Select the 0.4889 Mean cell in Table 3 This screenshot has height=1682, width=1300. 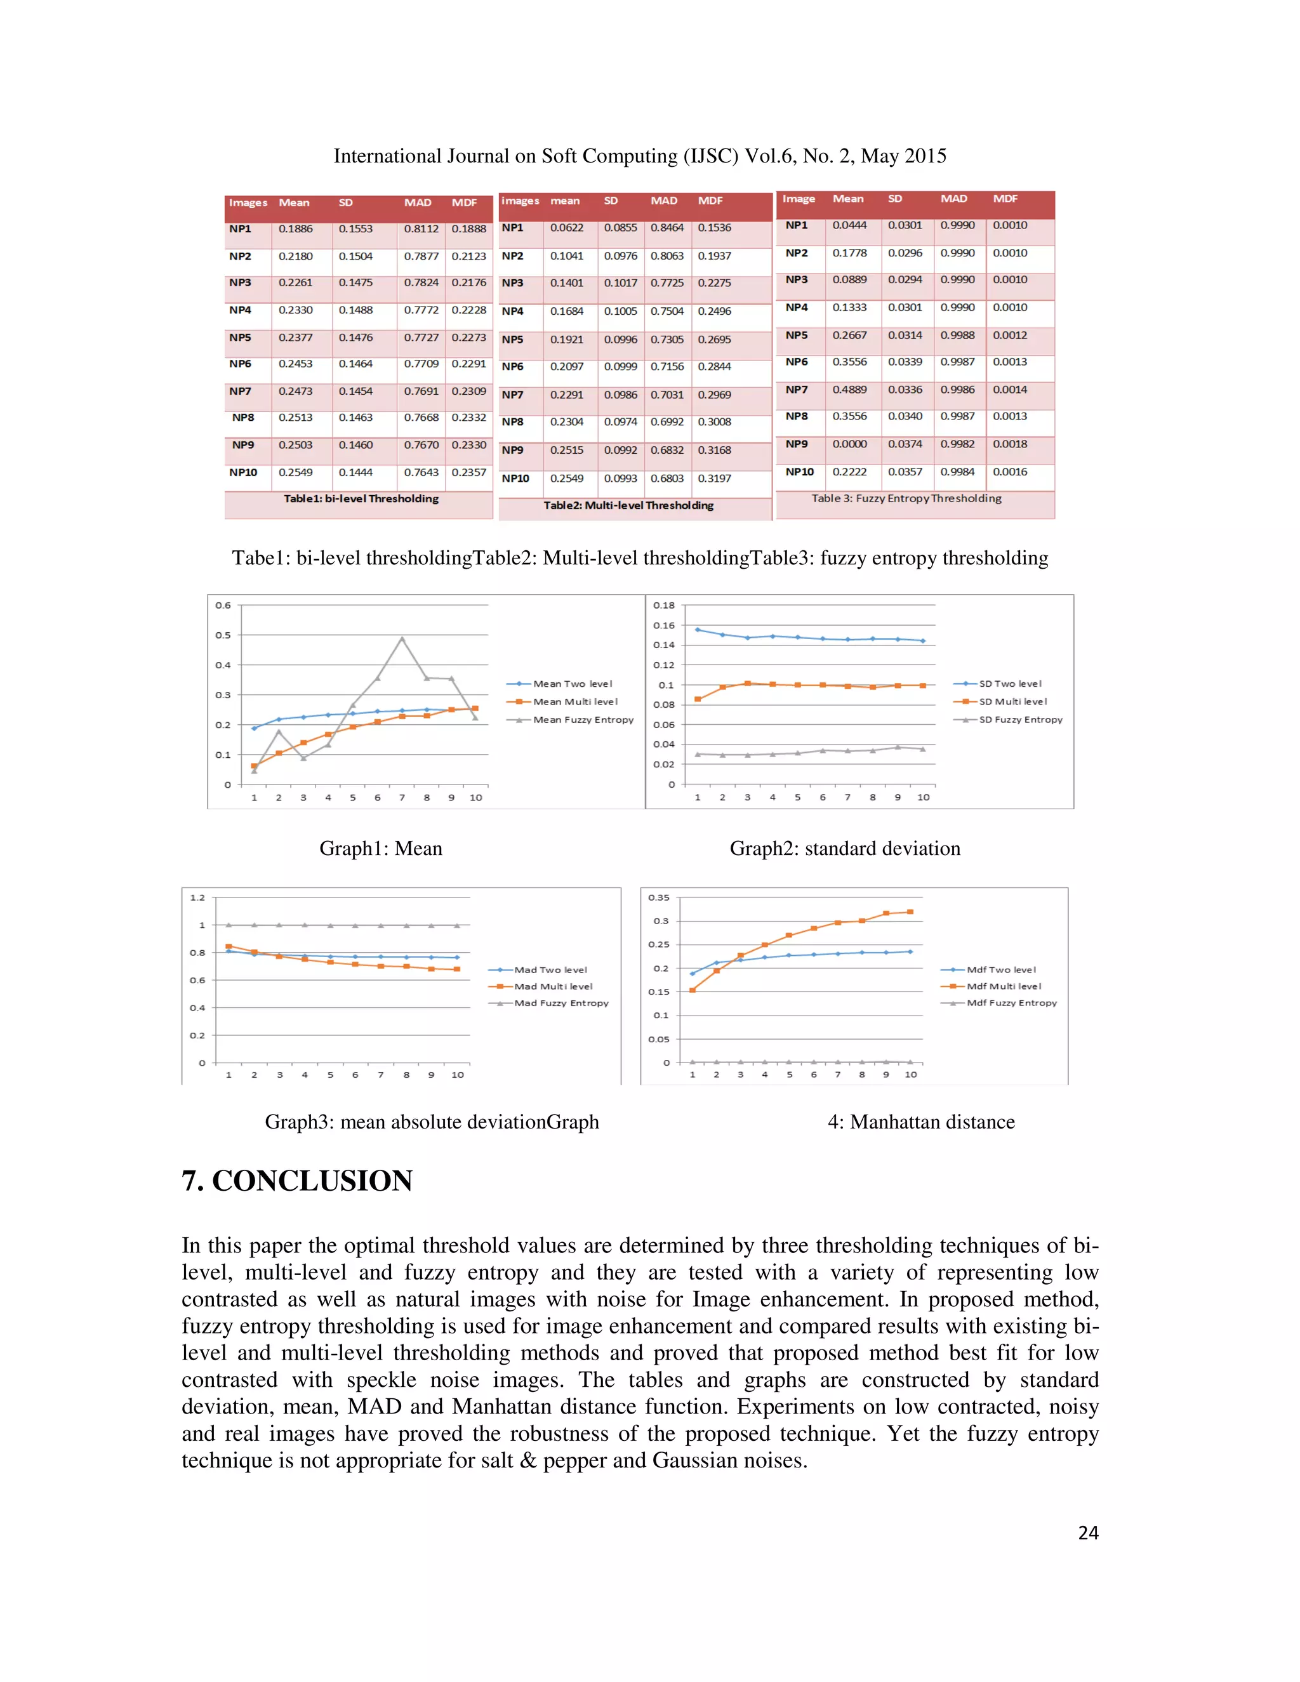(x=849, y=390)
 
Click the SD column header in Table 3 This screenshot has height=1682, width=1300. (x=894, y=199)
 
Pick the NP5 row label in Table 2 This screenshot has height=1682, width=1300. (x=512, y=340)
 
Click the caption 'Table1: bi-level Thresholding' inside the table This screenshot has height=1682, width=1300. (x=361, y=499)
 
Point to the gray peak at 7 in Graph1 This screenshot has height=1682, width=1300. (x=402, y=639)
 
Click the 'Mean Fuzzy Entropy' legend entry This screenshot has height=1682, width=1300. (x=583, y=719)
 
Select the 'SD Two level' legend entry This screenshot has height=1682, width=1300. (x=1010, y=683)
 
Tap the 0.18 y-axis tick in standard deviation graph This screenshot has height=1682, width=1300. (x=663, y=606)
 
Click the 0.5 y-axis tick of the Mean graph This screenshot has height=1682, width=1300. (x=223, y=635)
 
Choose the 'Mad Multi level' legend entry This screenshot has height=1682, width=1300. (x=553, y=986)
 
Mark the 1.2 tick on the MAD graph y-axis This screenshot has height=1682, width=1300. (x=198, y=897)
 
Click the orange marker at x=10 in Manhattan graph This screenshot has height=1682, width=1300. (x=910, y=912)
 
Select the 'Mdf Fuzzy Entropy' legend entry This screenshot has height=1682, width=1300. (x=1011, y=1003)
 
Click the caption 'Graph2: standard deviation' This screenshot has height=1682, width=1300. (x=845, y=849)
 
